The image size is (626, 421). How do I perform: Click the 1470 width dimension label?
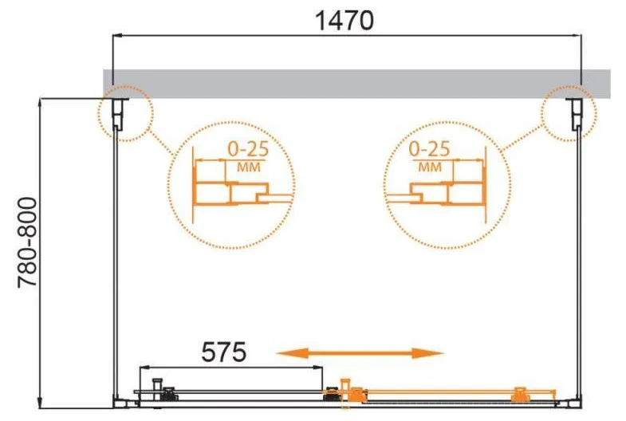click(x=344, y=21)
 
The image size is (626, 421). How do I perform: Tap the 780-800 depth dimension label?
click(x=28, y=242)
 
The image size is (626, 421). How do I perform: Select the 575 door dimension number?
click(x=224, y=352)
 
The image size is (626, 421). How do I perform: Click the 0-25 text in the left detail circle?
click(x=248, y=149)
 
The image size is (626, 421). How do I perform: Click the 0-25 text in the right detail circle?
click(x=430, y=149)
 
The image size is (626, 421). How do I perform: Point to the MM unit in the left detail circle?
click(x=249, y=167)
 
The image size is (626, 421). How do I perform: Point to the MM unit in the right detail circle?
click(x=430, y=167)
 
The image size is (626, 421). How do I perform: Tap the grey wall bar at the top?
click(x=356, y=84)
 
